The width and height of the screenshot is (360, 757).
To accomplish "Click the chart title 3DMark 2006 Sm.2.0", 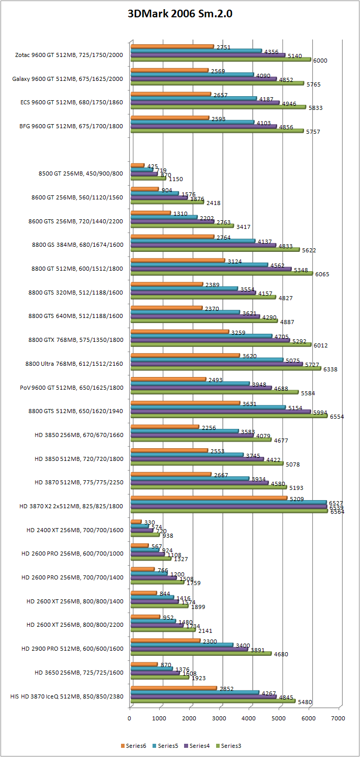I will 179,14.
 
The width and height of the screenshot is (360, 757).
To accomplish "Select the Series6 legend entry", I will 134,746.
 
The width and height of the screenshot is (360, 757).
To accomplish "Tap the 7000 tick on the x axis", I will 338,718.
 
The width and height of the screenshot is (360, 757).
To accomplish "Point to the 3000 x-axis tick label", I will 219,718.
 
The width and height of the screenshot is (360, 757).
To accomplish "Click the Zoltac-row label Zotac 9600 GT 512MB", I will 69,54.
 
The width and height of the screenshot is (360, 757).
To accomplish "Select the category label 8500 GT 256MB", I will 80,173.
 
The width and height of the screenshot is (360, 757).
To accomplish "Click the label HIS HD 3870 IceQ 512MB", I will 66,696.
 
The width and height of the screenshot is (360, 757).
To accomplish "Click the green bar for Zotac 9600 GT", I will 220,60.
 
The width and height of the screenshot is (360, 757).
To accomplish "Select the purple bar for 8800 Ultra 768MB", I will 216,364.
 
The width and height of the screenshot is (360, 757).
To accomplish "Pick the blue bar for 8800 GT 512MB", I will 199,265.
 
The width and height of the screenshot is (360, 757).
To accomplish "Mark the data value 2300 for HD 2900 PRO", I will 209,642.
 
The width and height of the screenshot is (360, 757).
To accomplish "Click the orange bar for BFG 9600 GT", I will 169,118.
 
